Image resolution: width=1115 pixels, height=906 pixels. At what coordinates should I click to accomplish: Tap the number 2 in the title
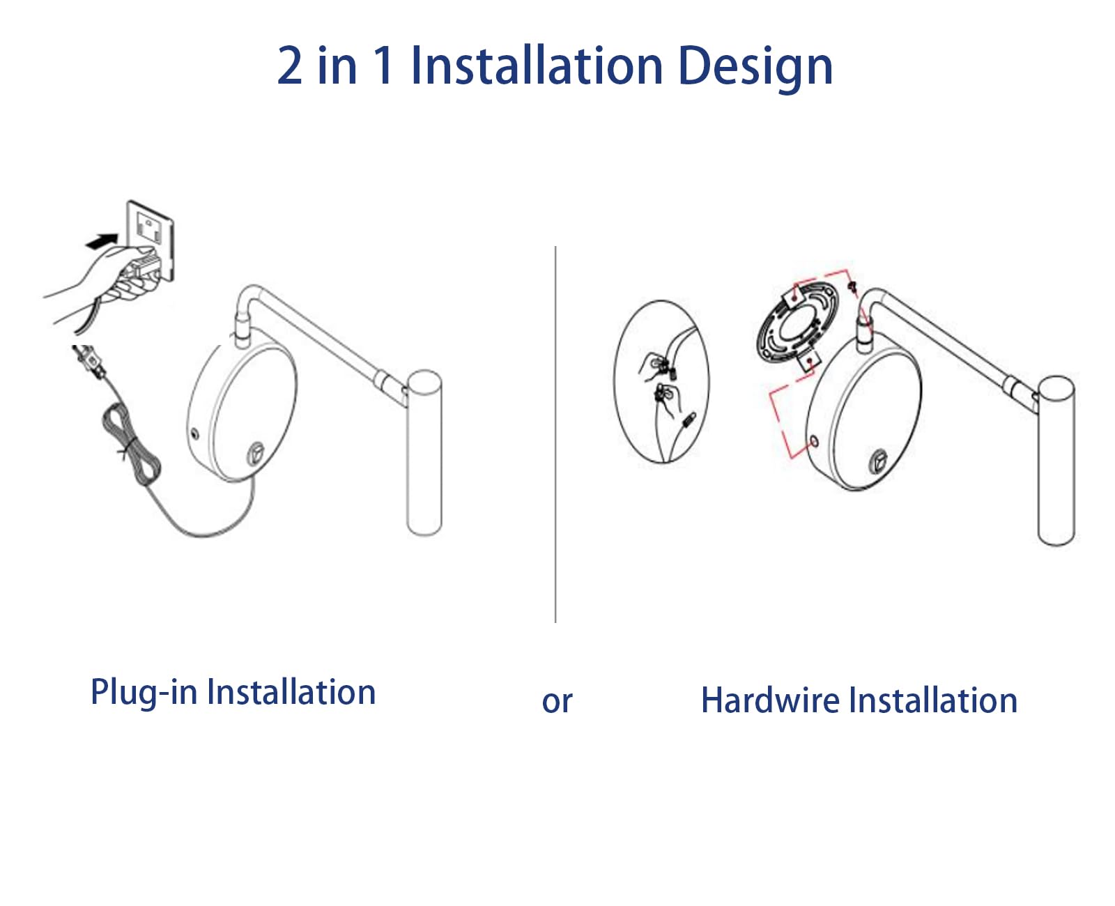[290, 66]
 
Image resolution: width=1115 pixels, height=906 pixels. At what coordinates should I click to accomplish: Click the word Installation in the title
[537, 66]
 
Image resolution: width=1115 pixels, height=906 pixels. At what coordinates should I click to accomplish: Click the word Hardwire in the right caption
[769, 700]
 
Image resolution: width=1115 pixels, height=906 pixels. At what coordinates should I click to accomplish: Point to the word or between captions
[557, 702]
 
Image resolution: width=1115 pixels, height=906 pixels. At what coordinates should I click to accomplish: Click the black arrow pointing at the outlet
[100, 241]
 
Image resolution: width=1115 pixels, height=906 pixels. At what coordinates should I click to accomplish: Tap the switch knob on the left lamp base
[256, 453]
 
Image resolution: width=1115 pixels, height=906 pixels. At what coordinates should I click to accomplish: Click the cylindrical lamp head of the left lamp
[424, 453]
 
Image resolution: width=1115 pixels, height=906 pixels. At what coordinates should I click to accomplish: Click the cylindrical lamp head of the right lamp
[1056, 460]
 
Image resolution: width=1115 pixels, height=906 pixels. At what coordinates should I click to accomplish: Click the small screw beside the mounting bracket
[852, 286]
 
